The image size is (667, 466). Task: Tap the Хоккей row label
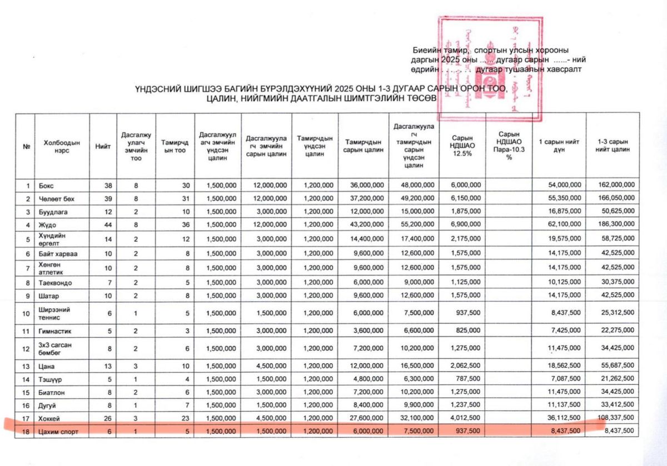click(50, 418)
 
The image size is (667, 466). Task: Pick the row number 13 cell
click(25, 367)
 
